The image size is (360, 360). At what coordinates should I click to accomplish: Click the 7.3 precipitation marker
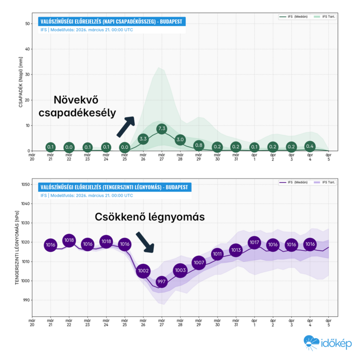(162, 128)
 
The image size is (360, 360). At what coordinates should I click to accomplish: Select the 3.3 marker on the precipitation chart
(143, 139)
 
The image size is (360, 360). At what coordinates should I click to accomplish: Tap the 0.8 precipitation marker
(199, 145)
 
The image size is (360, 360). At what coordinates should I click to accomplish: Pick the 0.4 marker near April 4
(310, 146)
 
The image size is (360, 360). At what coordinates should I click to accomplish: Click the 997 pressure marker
(162, 282)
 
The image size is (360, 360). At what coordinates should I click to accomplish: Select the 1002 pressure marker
(143, 271)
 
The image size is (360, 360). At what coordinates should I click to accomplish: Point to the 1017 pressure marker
(254, 242)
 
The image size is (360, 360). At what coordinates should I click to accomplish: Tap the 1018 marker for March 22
(69, 241)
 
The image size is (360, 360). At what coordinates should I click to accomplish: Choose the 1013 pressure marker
(236, 250)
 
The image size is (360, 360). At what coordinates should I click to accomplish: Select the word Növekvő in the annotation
(75, 99)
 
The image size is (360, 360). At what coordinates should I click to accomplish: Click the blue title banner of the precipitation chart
(112, 22)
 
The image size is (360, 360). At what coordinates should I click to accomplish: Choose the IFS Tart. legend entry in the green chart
(324, 17)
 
